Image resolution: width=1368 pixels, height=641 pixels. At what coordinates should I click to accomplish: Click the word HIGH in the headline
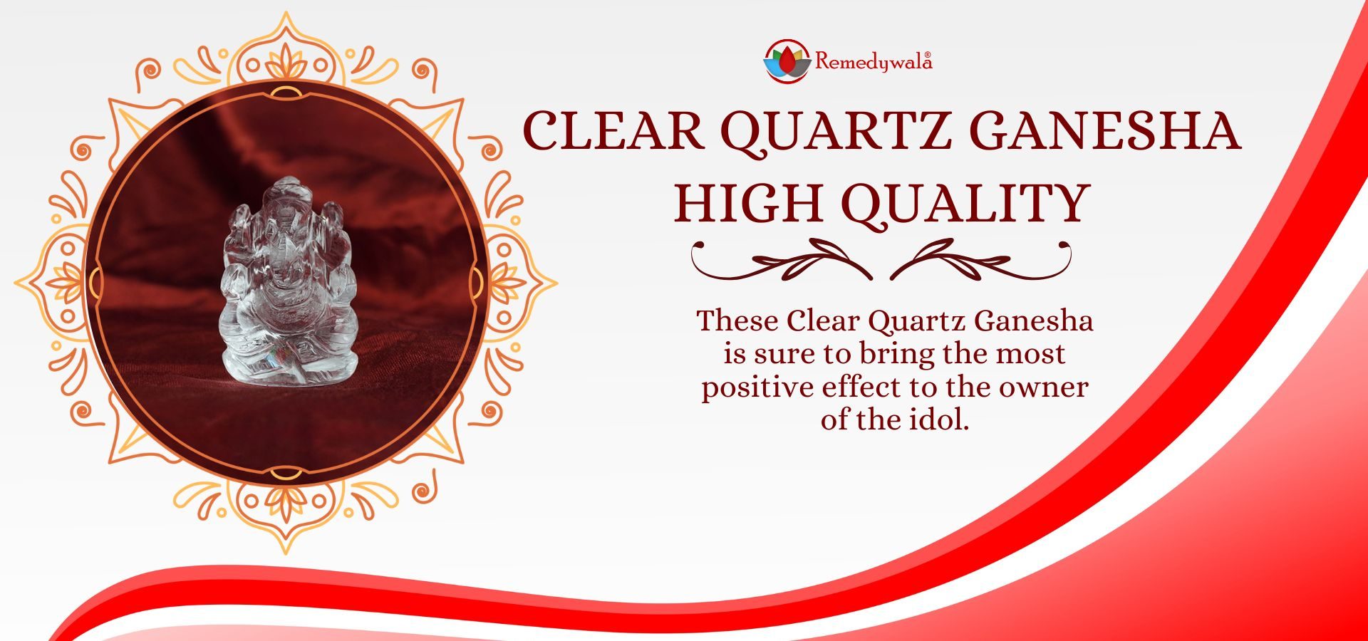(749, 203)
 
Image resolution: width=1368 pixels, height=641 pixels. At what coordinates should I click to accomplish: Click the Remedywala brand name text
(874, 61)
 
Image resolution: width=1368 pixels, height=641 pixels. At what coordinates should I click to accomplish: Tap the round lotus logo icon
(787, 61)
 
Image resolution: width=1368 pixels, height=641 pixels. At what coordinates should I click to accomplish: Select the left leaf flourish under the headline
(782, 260)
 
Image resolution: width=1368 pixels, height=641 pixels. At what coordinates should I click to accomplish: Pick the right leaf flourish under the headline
(981, 260)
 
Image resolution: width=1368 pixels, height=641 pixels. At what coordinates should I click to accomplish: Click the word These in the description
(737, 320)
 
